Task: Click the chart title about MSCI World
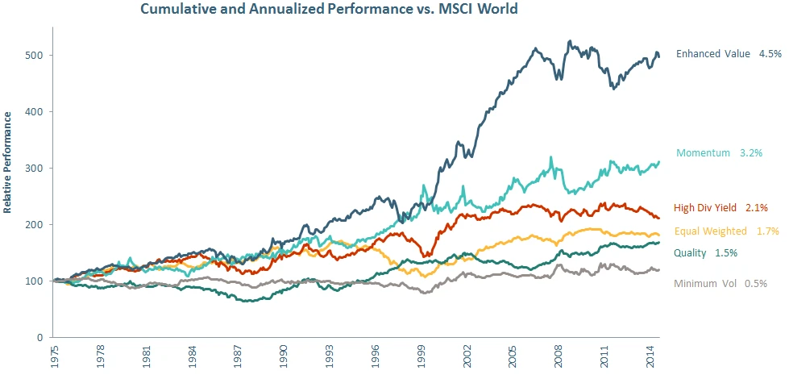329,9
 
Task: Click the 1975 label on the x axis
53,355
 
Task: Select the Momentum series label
704,152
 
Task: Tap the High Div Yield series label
705,207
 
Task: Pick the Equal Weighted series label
711,231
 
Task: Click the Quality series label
691,253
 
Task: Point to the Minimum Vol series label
705,283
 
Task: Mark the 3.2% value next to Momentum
751,152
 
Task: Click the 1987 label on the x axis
237,355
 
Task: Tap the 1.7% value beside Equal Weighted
768,231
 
